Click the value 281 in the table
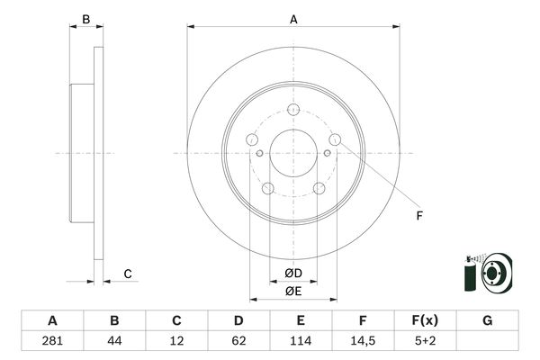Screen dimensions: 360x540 click(x=52, y=341)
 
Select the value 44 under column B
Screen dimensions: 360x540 click(x=114, y=341)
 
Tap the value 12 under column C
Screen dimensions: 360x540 click(x=176, y=341)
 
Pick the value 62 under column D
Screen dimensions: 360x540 click(x=238, y=341)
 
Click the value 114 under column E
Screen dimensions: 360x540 click(x=301, y=341)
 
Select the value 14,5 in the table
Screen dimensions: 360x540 click(x=363, y=341)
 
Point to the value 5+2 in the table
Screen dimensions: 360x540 click(x=425, y=341)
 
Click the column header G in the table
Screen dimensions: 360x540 click(x=487, y=320)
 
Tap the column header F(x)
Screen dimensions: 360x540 click(x=425, y=320)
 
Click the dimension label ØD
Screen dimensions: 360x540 click(x=293, y=273)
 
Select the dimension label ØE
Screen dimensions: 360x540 click(x=293, y=290)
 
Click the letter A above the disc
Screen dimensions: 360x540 click(x=293, y=19)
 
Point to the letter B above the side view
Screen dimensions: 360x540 click(x=86, y=19)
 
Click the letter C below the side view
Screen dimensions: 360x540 click(x=128, y=274)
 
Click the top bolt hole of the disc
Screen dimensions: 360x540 click(x=293, y=110)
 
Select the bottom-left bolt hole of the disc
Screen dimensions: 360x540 click(x=267, y=188)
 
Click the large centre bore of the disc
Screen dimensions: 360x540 click(x=293, y=152)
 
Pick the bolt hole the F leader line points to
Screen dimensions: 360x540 click(x=335, y=139)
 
